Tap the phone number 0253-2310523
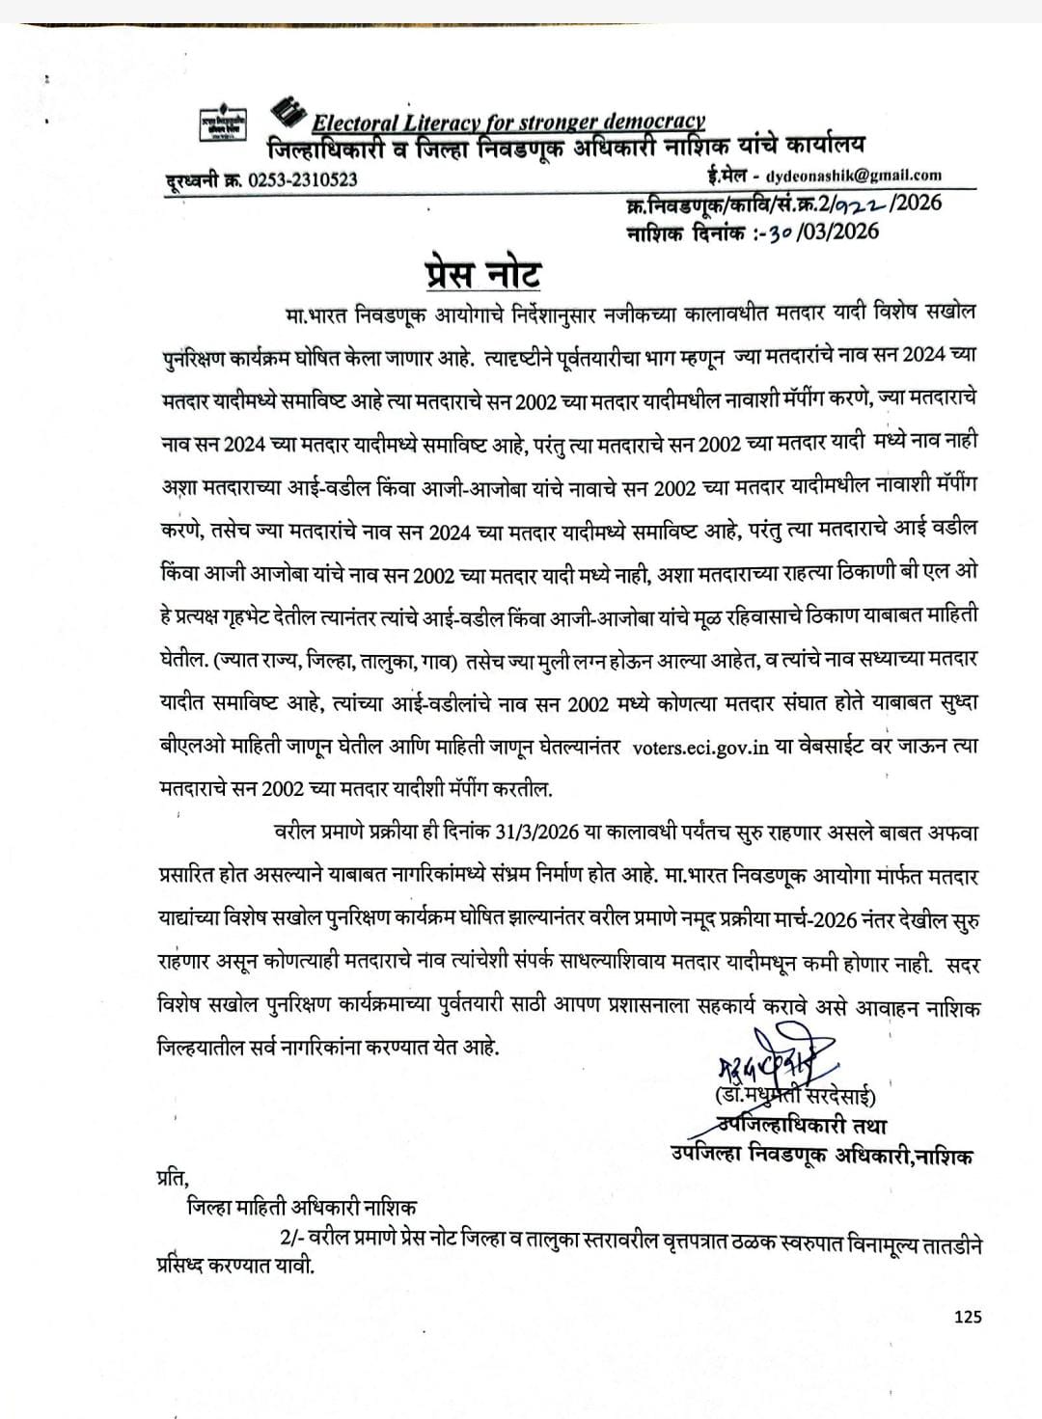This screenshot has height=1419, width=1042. tap(303, 179)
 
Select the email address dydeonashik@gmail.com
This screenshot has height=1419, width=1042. tap(853, 176)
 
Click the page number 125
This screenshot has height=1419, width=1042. tap(968, 1315)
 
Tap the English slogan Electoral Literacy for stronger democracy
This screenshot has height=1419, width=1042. tap(508, 123)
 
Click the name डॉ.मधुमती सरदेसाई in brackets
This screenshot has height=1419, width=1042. tap(794, 1097)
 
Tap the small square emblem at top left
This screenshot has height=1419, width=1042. tap(223, 124)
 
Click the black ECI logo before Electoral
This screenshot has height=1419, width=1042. tap(288, 114)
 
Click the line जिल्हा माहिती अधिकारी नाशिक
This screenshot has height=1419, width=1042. tap(302, 1207)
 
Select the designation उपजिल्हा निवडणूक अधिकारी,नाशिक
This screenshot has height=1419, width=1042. tap(823, 1156)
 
